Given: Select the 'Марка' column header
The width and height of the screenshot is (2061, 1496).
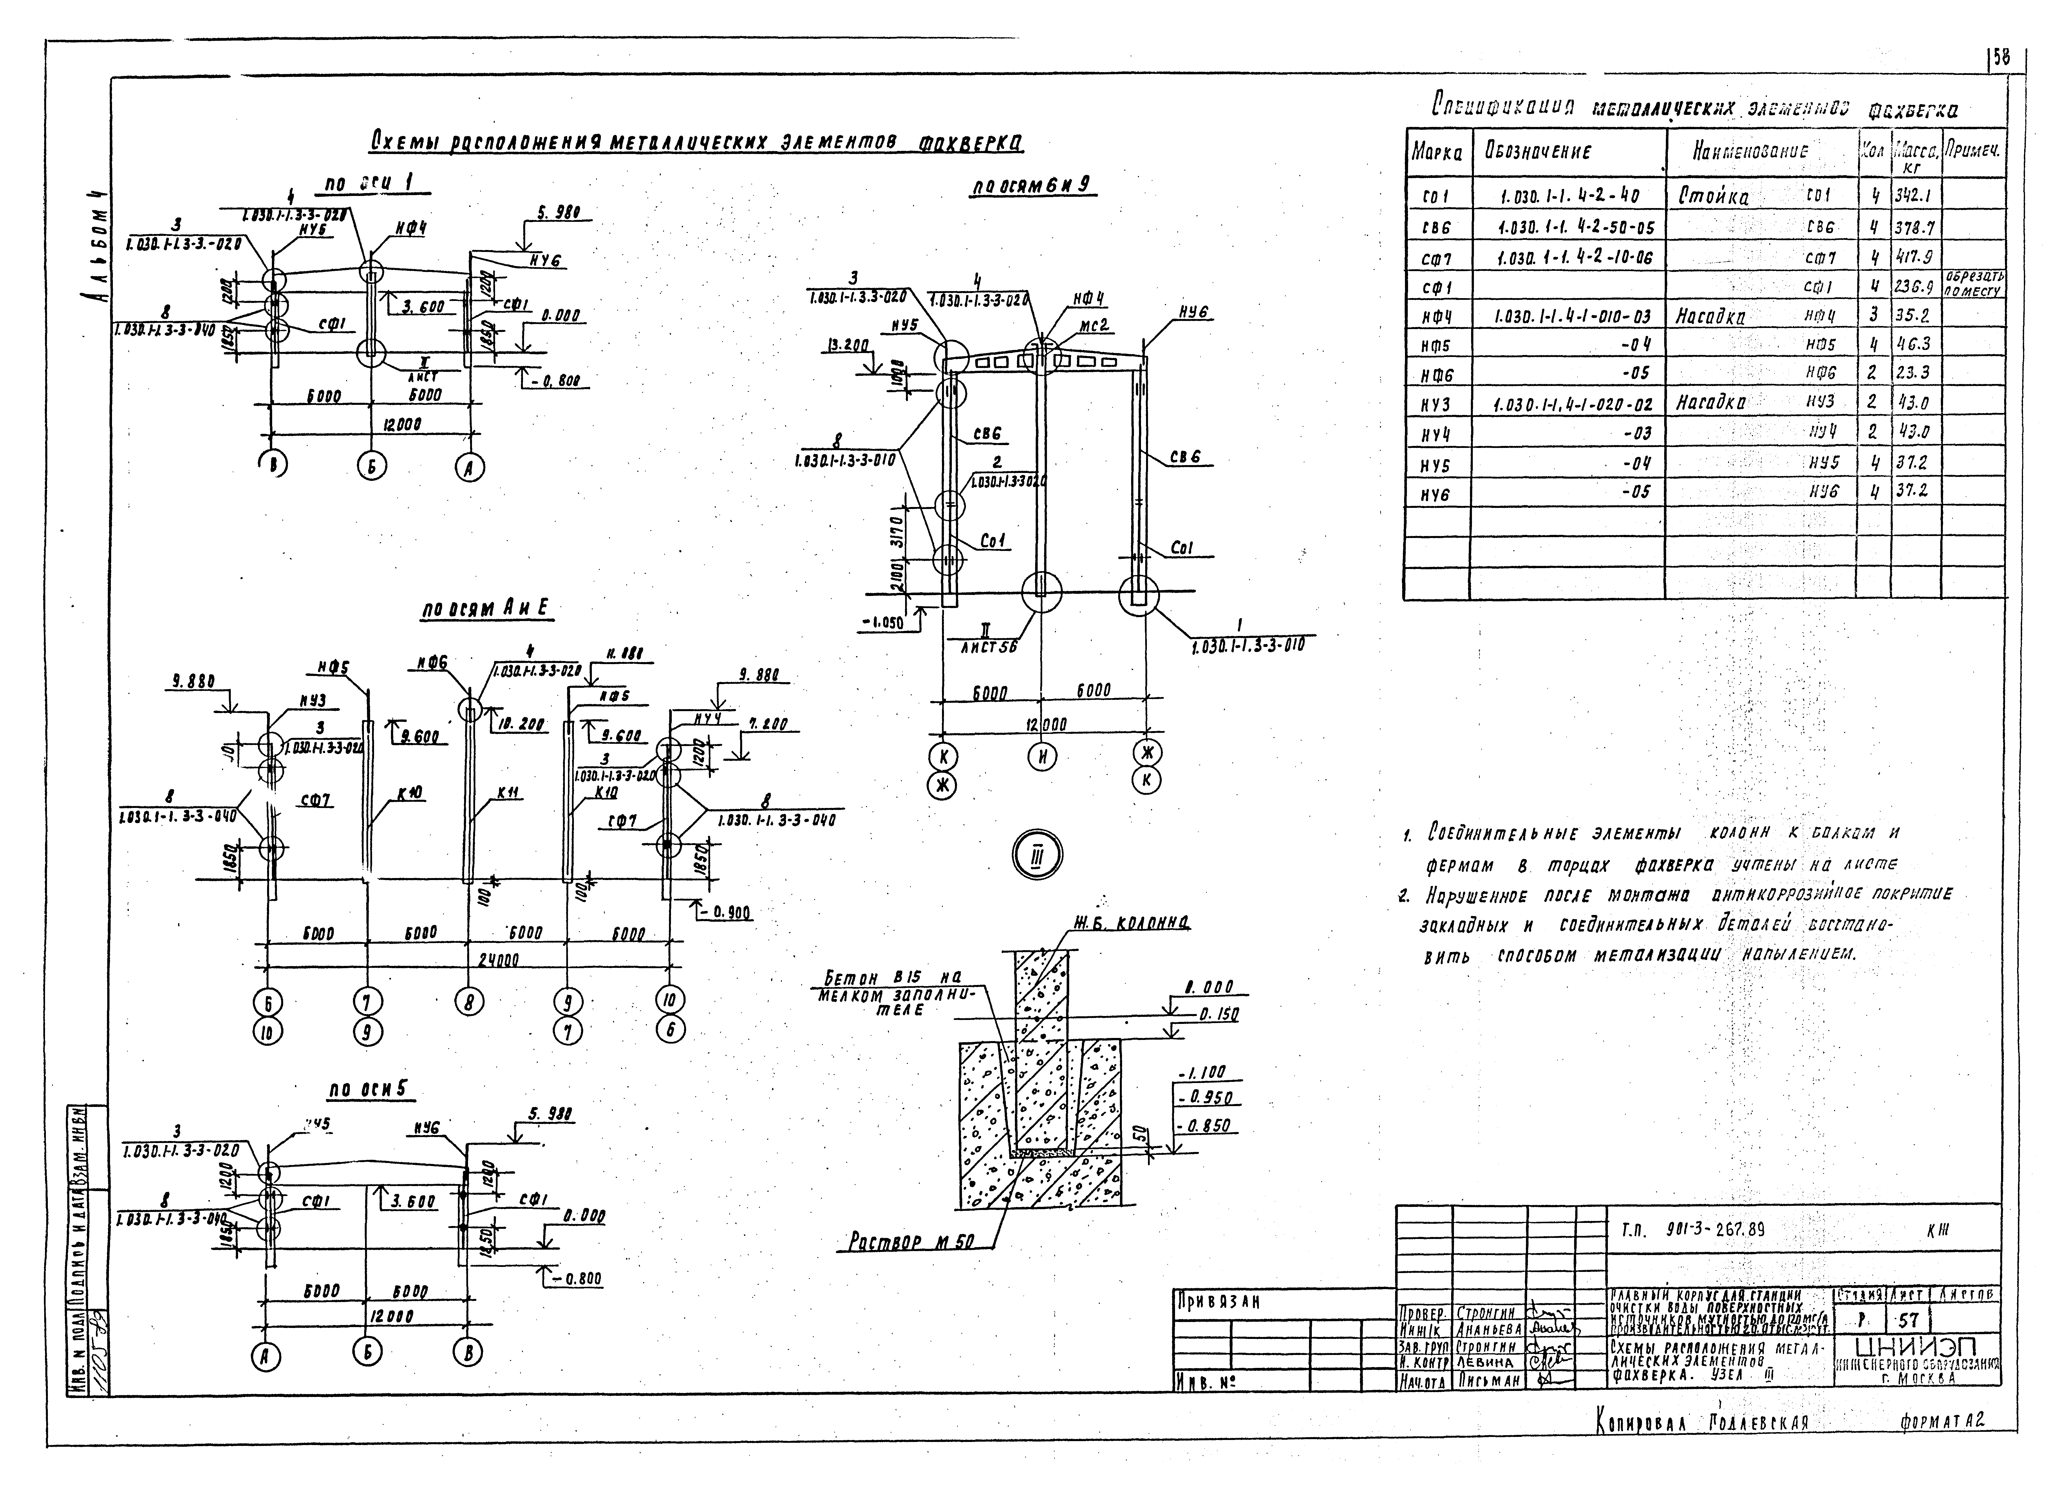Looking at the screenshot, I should (1437, 154).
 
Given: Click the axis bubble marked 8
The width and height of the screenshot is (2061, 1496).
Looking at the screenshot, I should (469, 1002).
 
